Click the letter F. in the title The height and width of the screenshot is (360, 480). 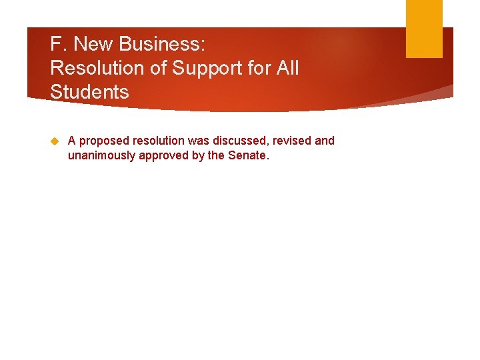pos(58,45)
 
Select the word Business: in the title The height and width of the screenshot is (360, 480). pos(163,45)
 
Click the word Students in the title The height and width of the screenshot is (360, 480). pos(89,92)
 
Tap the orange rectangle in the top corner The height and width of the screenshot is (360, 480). pos(424,28)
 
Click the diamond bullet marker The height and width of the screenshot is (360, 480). pos(55,141)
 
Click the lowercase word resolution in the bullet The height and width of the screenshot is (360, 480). pos(159,141)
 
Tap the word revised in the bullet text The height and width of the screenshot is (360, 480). pos(292,141)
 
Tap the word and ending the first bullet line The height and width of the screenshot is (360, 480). pos(325,141)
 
